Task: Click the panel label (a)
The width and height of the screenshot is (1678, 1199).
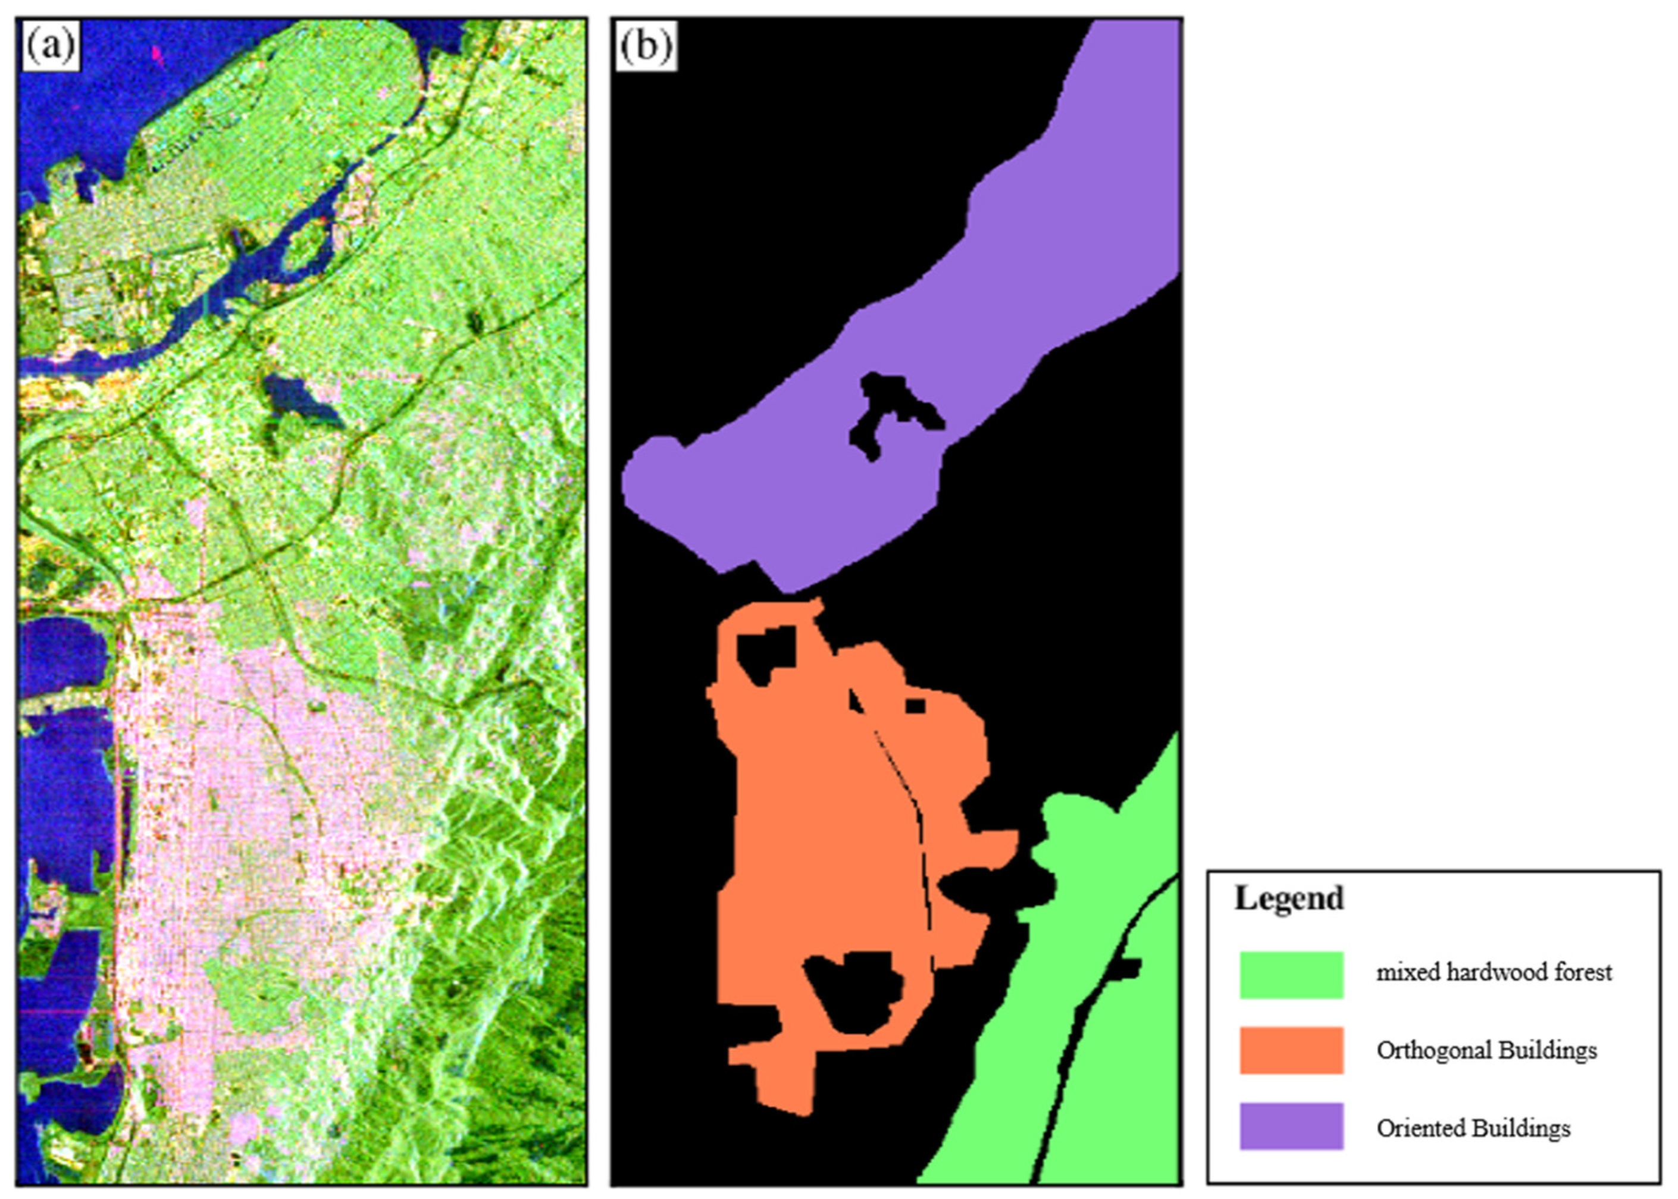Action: pyautogui.click(x=50, y=46)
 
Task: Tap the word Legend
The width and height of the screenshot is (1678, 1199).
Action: pyautogui.click(x=1289, y=899)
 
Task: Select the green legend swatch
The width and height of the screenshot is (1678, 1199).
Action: pyautogui.click(x=1291, y=975)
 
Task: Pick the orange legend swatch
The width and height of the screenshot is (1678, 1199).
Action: pyautogui.click(x=1291, y=1050)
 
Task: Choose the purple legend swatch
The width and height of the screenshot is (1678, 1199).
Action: pyautogui.click(x=1291, y=1126)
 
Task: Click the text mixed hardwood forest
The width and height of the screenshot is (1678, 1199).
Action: pyautogui.click(x=1494, y=972)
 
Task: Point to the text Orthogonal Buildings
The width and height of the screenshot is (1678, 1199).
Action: pyautogui.click(x=1486, y=1050)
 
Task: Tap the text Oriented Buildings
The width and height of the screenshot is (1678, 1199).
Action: pyautogui.click(x=1473, y=1128)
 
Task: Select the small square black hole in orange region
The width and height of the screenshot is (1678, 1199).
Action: pyautogui.click(x=915, y=706)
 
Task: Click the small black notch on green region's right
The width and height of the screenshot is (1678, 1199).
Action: pyautogui.click(x=1126, y=968)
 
